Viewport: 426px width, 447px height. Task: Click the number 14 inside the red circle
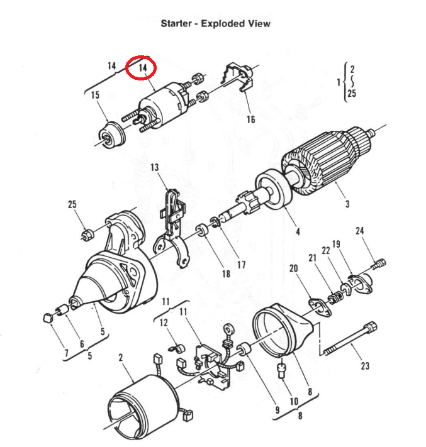coord(143,68)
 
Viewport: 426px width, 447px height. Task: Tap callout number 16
coord(251,119)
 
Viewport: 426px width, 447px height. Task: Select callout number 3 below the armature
coord(347,204)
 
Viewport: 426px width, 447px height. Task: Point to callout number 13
coord(155,167)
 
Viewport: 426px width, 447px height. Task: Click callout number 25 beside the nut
coord(72,204)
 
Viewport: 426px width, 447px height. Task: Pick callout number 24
coord(360,230)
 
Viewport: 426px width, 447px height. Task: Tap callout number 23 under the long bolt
coord(365,366)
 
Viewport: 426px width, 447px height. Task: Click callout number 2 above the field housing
coord(121,357)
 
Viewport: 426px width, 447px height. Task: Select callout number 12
coord(164,323)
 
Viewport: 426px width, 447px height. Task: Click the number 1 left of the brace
coord(339,82)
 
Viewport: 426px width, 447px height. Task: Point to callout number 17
coord(242,265)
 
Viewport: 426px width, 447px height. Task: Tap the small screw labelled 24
coord(379,263)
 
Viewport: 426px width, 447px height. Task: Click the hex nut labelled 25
coord(87,235)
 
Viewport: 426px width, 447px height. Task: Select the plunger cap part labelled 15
coord(111,135)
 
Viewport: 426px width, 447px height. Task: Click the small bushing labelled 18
coord(202,230)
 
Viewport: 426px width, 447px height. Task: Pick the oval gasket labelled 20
coord(320,307)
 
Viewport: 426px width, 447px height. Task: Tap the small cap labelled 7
coord(48,317)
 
